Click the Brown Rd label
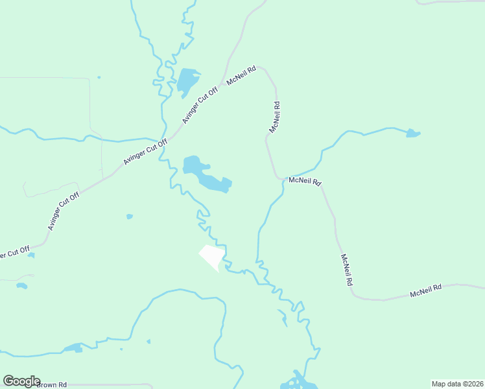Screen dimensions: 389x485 [52, 384]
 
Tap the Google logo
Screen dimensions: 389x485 [21, 381]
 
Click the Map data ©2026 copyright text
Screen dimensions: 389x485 [457, 383]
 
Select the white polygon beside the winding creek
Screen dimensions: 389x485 [212, 257]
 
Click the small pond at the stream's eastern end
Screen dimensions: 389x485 [412, 134]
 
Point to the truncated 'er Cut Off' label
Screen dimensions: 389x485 [14, 252]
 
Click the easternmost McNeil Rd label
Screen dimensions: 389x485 [425, 290]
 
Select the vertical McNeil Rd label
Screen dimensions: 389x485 [275, 117]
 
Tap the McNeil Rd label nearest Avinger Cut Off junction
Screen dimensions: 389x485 [242, 76]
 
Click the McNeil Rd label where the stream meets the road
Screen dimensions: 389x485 [305, 181]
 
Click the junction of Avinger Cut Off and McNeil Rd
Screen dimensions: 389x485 [224, 84]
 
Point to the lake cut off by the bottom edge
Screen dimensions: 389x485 [298, 382]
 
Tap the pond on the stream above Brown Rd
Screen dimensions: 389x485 [73, 348]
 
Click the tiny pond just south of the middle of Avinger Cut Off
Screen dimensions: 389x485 [130, 216]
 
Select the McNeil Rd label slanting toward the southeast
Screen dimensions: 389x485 [346, 270]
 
